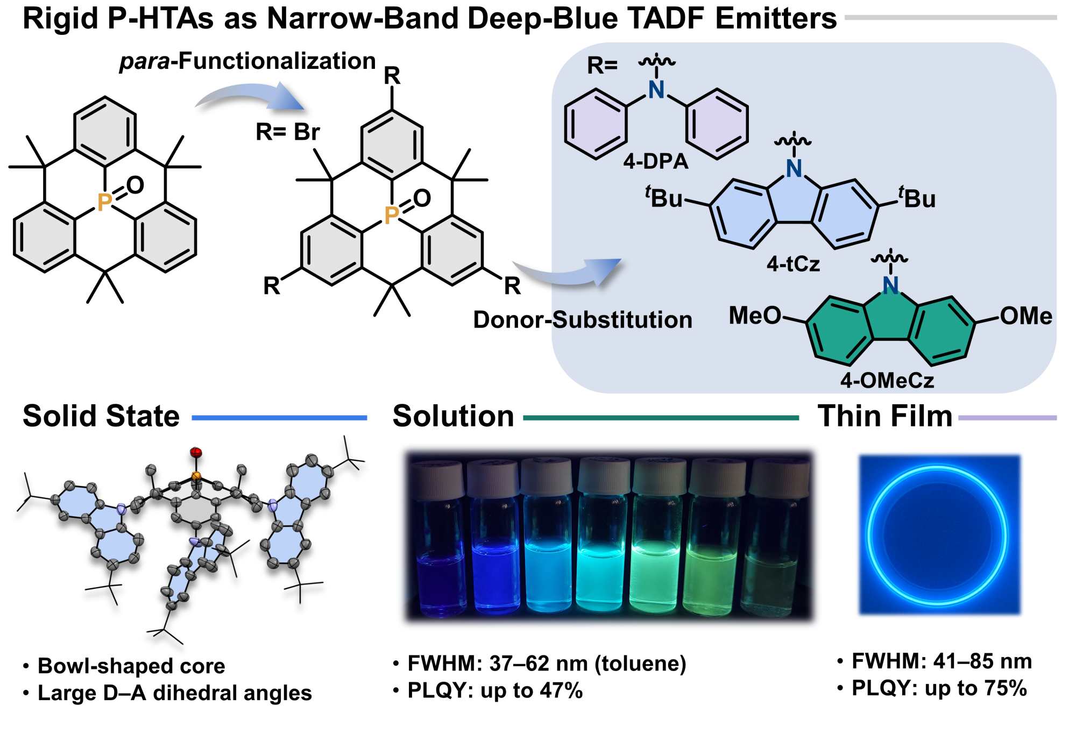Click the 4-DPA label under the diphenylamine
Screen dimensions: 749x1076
[x=656, y=161]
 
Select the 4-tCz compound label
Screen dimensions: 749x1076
[x=793, y=264]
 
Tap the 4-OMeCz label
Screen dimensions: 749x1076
[x=887, y=381]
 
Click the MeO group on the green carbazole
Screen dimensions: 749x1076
[x=754, y=316]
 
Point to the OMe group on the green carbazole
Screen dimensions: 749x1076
[x=1026, y=316]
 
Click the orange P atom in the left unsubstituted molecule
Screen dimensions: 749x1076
[x=104, y=202]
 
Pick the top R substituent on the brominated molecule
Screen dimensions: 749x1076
[x=392, y=76]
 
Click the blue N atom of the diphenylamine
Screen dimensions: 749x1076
[x=656, y=90]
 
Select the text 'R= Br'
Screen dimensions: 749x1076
[x=288, y=132]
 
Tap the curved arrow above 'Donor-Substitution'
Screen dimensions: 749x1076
[x=568, y=272]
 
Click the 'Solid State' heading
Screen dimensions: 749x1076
[x=101, y=416]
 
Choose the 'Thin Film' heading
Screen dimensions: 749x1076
[x=885, y=416]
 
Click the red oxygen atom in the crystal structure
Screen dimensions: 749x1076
[x=196, y=452]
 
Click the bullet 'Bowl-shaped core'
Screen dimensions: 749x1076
[x=131, y=666]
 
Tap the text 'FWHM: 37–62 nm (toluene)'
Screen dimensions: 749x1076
[x=546, y=664]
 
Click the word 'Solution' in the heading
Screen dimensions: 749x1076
[x=454, y=416]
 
